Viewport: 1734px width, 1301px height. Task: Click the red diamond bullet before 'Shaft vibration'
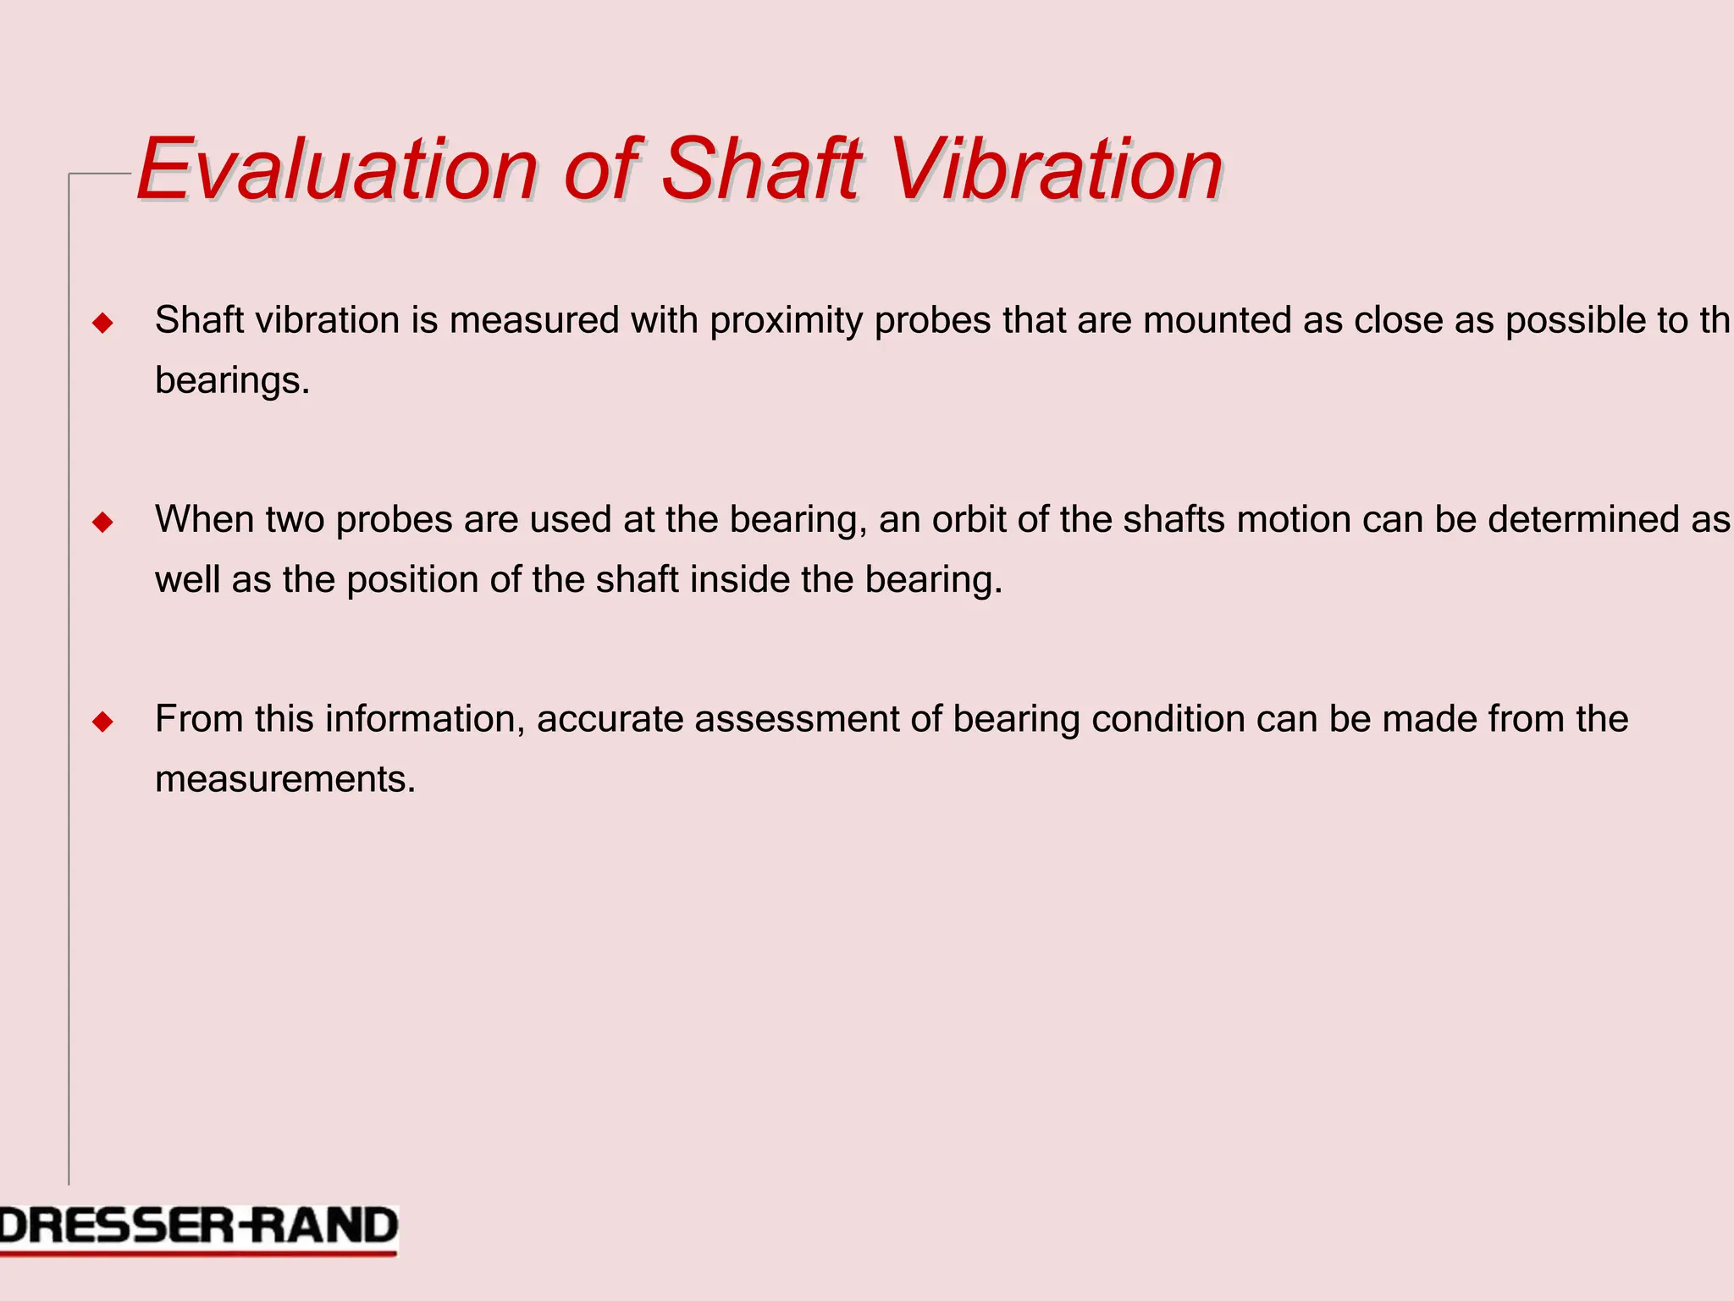(102, 323)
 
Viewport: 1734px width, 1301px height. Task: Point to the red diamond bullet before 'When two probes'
(102, 522)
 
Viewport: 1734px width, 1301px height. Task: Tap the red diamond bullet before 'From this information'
(102, 722)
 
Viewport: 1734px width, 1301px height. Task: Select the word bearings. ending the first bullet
(232, 381)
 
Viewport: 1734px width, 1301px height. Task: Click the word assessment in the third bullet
(797, 720)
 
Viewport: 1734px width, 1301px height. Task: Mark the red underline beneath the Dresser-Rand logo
(198, 1254)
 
